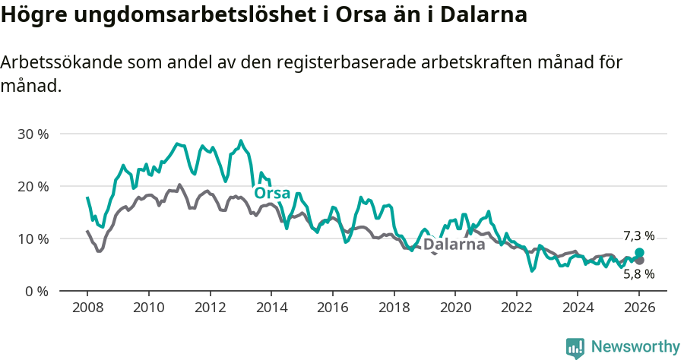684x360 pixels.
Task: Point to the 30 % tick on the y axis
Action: [33, 134]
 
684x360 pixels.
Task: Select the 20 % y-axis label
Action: [33, 187]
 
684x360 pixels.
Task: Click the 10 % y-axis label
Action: [33, 239]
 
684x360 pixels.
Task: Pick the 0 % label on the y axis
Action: [36, 292]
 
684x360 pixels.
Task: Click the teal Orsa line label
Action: [272, 194]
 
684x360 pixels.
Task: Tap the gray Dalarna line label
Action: [454, 245]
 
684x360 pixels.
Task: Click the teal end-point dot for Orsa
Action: [639, 252]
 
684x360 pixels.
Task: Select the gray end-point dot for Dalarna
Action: [639, 261]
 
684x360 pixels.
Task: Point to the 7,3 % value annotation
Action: [638, 236]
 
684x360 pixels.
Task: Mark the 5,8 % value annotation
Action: [638, 275]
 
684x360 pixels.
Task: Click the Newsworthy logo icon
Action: [575, 348]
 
